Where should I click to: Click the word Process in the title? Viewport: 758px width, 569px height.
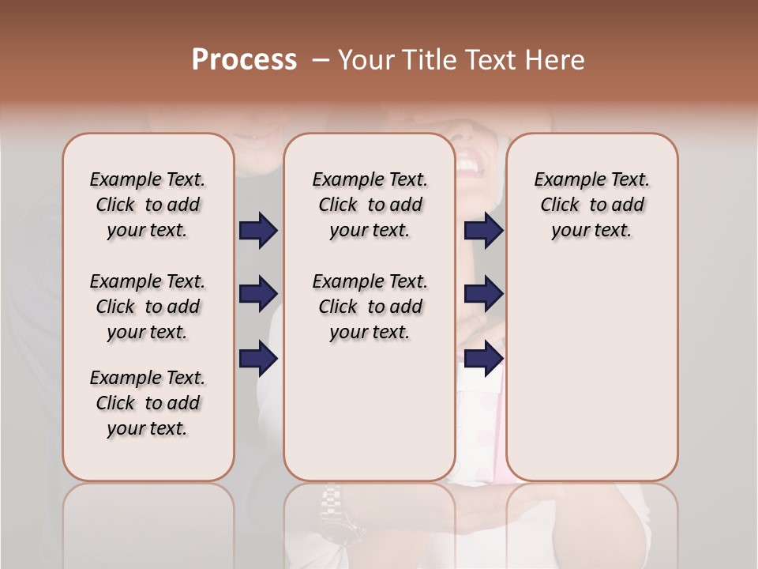(x=244, y=60)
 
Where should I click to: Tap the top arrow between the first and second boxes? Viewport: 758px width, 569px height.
(x=258, y=231)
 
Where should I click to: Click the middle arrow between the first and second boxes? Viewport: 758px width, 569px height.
(x=258, y=295)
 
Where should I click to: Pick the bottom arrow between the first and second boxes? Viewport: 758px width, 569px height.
(x=258, y=359)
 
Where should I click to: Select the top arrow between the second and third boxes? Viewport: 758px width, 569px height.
(x=483, y=231)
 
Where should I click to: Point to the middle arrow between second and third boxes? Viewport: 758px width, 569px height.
(x=483, y=295)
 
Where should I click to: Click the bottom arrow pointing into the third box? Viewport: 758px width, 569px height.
(x=483, y=359)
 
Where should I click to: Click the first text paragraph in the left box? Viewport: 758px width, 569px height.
(x=148, y=205)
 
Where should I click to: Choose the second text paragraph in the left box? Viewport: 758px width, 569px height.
(x=148, y=307)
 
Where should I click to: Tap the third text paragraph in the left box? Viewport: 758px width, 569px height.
(x=148, y=403)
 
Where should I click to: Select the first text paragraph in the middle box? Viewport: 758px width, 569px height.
(x=370, y=205)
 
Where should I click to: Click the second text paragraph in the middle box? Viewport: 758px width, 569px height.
(x=370, y=307)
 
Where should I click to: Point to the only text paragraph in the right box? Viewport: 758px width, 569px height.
(x=591, y=205)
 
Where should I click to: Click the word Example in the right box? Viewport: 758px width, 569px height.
(x=564, y=179)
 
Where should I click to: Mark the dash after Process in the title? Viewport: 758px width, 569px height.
(x=321, y=60)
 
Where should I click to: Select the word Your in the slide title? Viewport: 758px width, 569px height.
(x=366, y=60)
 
